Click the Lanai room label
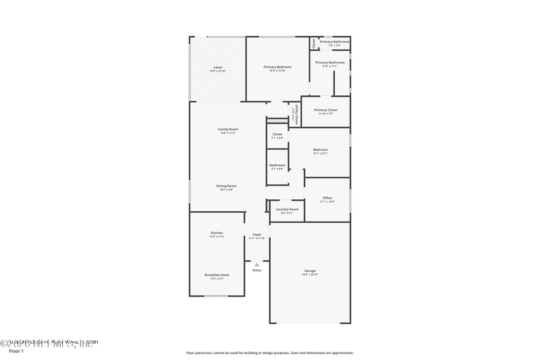tap(217, 68)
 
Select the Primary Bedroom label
tap(277, 68)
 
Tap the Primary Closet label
tap(325, 109)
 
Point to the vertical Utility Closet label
tap(295, 115)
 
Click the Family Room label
tap(227, 129)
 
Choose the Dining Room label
tap(226, 186)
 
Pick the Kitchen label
tap(217, 233)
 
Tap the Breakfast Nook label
tap(217, 275)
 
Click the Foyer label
tap(256, 234)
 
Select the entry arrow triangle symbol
tap(256, 264)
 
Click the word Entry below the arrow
tap(256, 270)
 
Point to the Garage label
tap(310, 270)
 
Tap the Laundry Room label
tap(287, 209)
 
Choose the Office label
tap(327, 198)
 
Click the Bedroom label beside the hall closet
tap(320, 150)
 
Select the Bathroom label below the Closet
tap(277, 165)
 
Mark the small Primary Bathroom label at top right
tap(334, 42)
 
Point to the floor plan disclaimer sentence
tap(269, 353)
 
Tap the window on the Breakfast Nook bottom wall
tap(216, 296)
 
